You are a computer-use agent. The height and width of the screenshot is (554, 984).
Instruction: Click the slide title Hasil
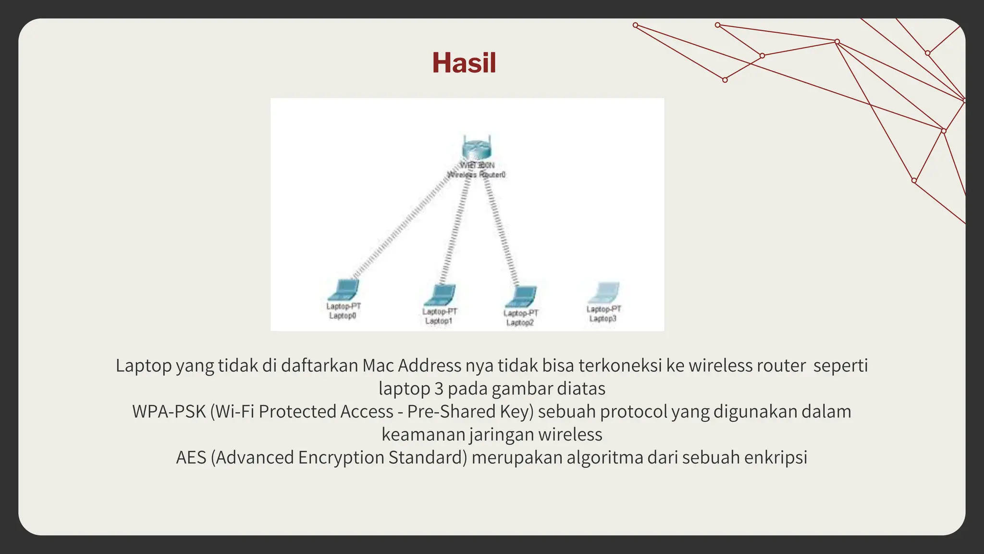464,63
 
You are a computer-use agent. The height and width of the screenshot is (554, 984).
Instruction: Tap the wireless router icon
477,148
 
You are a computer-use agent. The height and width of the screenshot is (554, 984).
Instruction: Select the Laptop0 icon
344,290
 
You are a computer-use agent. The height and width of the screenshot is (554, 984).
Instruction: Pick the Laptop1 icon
440,295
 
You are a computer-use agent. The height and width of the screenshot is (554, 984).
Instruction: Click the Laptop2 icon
521,296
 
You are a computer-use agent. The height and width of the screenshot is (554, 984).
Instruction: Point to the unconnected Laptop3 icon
604,293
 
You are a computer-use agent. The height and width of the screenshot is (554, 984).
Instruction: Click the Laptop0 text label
343,316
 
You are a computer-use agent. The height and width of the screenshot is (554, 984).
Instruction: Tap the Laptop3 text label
603,319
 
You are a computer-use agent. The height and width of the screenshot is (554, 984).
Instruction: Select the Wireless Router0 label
477,175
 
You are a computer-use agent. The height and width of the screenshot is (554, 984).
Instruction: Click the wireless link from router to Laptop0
404,226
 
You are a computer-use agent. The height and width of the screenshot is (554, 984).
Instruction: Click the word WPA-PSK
169,412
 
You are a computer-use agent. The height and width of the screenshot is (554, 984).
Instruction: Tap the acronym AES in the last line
191,457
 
